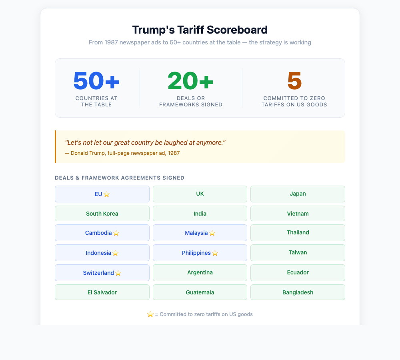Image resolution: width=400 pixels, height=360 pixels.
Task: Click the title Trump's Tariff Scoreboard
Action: point(200,30)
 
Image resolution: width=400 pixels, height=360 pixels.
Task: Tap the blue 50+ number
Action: point(96,81)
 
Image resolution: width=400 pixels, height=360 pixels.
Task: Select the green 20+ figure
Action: point(191,81)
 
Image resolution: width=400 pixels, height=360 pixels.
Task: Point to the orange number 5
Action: point(294,81)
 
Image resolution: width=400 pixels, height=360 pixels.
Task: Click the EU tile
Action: point(102,194)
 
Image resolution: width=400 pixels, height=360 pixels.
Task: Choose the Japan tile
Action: point(298,194)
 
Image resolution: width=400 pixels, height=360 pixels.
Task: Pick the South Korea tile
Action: point(102,214)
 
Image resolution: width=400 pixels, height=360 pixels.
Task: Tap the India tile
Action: point(200,214)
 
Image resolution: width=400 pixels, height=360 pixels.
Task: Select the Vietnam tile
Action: point(298,214)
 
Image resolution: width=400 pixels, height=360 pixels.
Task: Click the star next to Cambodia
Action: point(116,233)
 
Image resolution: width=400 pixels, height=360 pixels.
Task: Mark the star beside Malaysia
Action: point(212,233)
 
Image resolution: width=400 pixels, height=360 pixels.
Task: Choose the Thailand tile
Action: point(298,232)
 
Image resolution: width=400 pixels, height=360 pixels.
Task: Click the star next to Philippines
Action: point(215,253)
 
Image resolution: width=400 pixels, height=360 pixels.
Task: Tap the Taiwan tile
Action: point(298,252)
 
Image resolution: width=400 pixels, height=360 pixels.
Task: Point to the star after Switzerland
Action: point(118,273)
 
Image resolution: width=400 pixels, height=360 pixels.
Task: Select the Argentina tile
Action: point(200,272)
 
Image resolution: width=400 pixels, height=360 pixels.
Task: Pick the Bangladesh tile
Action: point(298,292)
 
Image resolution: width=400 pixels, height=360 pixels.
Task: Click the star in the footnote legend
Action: point(150,314)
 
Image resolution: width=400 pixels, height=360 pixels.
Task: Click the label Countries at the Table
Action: point(96,101)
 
